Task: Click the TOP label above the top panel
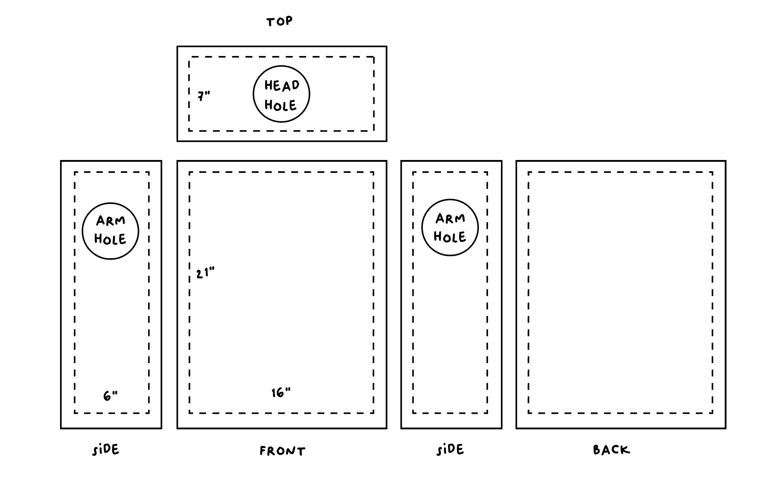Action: [279, 21]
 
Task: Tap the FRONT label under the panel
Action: [283, 451]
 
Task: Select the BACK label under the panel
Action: [612, 450]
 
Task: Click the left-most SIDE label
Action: [106, 450]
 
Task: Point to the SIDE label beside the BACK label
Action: [450, 450]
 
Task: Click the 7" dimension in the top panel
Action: [204, 96]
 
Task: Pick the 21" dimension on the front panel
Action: [205, 273]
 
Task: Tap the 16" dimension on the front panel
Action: [281, 393]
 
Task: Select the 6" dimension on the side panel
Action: [110, 396]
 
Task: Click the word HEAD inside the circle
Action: [282, 85]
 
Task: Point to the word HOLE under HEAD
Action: [281, 105]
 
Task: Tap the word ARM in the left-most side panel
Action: [111, 220]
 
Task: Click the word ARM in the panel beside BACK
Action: [450, 218]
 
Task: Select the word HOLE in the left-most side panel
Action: [110, 240]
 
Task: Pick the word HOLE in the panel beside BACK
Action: [450, 237]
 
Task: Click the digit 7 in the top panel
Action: [202, 96]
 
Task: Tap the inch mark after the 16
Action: [288, 389]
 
